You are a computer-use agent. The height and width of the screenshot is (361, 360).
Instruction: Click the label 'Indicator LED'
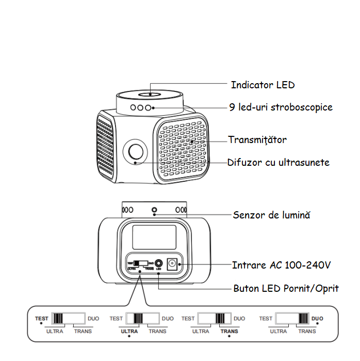click(263, 85)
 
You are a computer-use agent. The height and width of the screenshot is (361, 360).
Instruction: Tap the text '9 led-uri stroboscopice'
click(281, 107)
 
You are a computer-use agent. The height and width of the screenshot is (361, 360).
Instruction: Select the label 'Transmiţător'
click(257, 140)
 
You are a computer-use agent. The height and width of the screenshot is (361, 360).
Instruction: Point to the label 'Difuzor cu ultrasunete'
click(279, 162)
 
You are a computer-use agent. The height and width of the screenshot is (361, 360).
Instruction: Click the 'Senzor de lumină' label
click(271, 215)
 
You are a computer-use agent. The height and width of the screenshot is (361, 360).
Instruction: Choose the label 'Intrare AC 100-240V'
click(281, 265)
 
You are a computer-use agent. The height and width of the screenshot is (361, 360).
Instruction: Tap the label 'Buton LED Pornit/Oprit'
click(286, 288)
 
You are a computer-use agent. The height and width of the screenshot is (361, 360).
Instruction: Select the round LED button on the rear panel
click(159, 263)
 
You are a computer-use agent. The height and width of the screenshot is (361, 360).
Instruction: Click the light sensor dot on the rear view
click(154, 210)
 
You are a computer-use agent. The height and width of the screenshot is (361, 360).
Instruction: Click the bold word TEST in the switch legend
click(41, 319)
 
